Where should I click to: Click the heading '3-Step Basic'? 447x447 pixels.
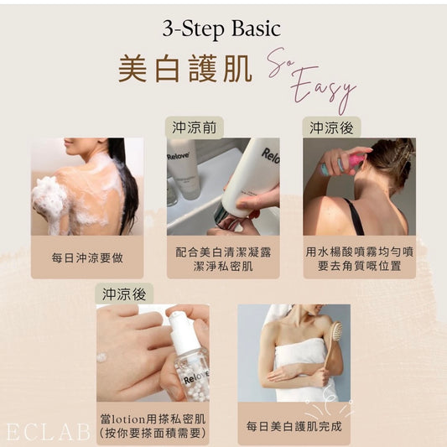pos(221,29)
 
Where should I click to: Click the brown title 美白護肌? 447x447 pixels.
pos(185,69)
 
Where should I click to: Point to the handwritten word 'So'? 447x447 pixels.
pos(281,61)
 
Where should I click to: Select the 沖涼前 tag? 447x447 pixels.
pos(194,127)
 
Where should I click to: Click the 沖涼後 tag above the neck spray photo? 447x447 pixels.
pos(331,127)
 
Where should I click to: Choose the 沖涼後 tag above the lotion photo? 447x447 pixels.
pos(124,294)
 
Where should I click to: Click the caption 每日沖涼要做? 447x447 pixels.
pos(87,258)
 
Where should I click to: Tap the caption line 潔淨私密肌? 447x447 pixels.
pos(223,266)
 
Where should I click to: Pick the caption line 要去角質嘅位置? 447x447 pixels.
pos(359,266)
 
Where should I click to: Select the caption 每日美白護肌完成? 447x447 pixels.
pos(294,427)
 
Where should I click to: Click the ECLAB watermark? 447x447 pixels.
pos(48,432)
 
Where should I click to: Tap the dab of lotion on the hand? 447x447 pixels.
pos(102,357)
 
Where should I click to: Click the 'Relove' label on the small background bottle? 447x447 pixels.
pos(178,156)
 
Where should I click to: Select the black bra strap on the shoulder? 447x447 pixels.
pos(354,216)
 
